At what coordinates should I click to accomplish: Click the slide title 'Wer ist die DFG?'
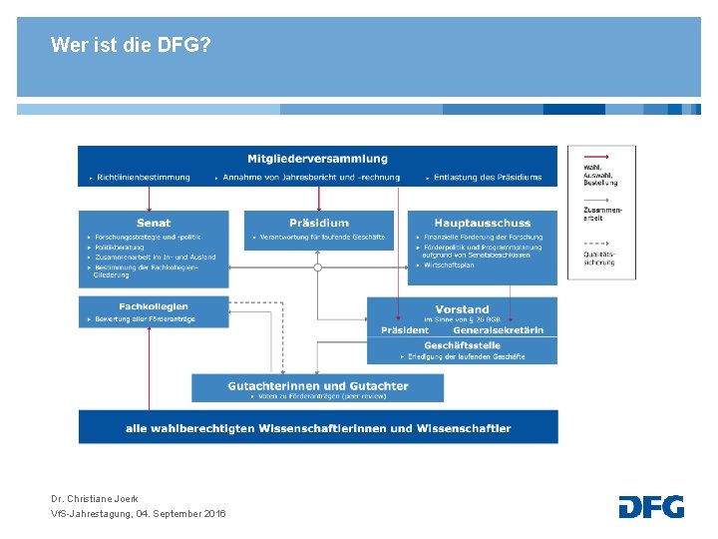pyautogui.click(x=130, y=45)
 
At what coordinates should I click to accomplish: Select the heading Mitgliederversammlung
pyautogui.click(x=318, y=159)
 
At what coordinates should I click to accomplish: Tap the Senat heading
pyautogui.click(x=154, y=223)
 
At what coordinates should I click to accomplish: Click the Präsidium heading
pyautogui.click(x=319, y=223)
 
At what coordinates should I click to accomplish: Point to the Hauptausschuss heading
pyautogui.click(x=483, y=223)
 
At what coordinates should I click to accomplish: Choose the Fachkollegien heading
pyautogui.click(x=154, y=306)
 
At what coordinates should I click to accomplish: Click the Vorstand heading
pyautogui.click(x=462, y=309)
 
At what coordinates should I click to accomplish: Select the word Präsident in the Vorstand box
pyautogui.click(x=405, y=330)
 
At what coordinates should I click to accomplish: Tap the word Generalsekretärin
pyautogui.click(x=499, y=330)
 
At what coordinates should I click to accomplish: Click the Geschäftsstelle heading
pyautogui.click(x=462, y=344)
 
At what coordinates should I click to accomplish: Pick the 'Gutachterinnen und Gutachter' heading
pyautogui.click(x=318, y=385)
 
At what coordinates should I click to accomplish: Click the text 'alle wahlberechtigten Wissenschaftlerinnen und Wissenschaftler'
pyautogui.click(x=318, y=428)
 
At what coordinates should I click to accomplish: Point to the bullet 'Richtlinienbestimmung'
pyautogui.click(x=144, y=178)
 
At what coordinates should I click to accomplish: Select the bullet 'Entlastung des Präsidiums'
pyautogui.click(x=488, y=178)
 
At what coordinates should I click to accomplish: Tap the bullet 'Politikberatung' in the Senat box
pyautogui.click(x=121, y=247)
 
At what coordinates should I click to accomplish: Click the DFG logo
pyautogui.click(x=651, y=506)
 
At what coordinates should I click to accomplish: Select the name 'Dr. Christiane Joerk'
pyautogui.click(x=95, y=498)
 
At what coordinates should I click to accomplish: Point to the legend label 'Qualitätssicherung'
pyautogui.click(x=599, y=258)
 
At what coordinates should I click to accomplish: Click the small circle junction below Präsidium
pyautogui.click(x=318, y=268)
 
